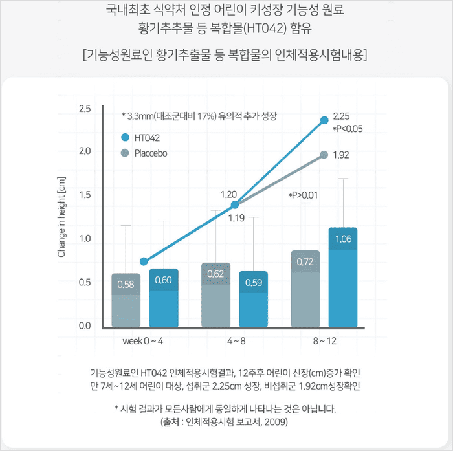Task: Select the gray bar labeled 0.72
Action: click(x=305, y=288)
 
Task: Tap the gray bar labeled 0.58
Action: click(x=126, y=300)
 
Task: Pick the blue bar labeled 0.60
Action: click(x=163, y=298)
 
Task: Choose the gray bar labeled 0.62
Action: click(x=215, y=294)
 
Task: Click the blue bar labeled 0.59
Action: click(x=253, y=299)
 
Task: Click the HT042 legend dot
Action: click(x=126, y=137)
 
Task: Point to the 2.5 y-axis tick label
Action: click(x=84, y=107)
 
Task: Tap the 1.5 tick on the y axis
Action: click(x=84, y=195)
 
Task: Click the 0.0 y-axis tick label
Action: click(x=84, y=325)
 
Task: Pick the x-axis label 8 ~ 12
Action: click(x=325, y=340)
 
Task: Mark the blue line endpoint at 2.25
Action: click(x=324, y=120)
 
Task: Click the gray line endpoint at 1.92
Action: click(x=324, y=155)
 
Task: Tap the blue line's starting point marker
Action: click(x=144, y=261)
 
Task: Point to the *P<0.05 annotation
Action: click(x=348, y=129)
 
